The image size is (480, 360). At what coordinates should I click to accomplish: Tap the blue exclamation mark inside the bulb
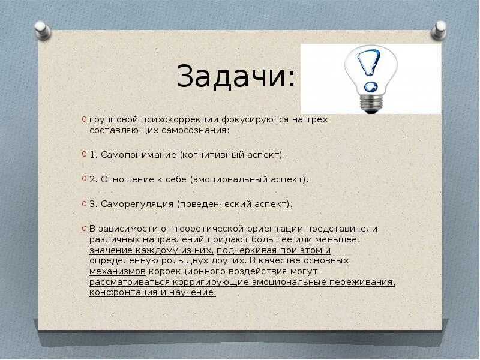(368, 66)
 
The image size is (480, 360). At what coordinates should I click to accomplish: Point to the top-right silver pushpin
(440, 29)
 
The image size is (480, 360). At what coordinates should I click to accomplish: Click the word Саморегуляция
(132, 204)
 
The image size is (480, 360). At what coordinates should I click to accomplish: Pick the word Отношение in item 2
(124, 179)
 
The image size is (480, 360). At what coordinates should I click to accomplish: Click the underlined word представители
(341, 229)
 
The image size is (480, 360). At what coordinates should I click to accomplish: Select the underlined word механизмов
(118, 271)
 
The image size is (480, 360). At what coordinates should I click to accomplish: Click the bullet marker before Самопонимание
(84, 155)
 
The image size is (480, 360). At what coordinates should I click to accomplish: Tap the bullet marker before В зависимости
(84, 229)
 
